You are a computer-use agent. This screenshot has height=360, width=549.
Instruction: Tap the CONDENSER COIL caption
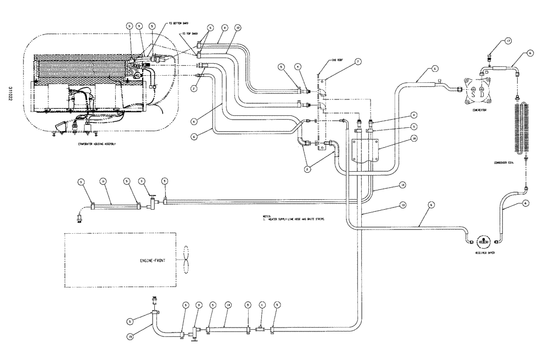(505, 164)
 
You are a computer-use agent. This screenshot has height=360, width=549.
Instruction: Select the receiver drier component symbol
(483, 241)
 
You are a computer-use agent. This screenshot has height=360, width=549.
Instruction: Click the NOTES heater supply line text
(291, 218)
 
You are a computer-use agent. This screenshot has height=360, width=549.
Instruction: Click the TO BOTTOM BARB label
(178, 24)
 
